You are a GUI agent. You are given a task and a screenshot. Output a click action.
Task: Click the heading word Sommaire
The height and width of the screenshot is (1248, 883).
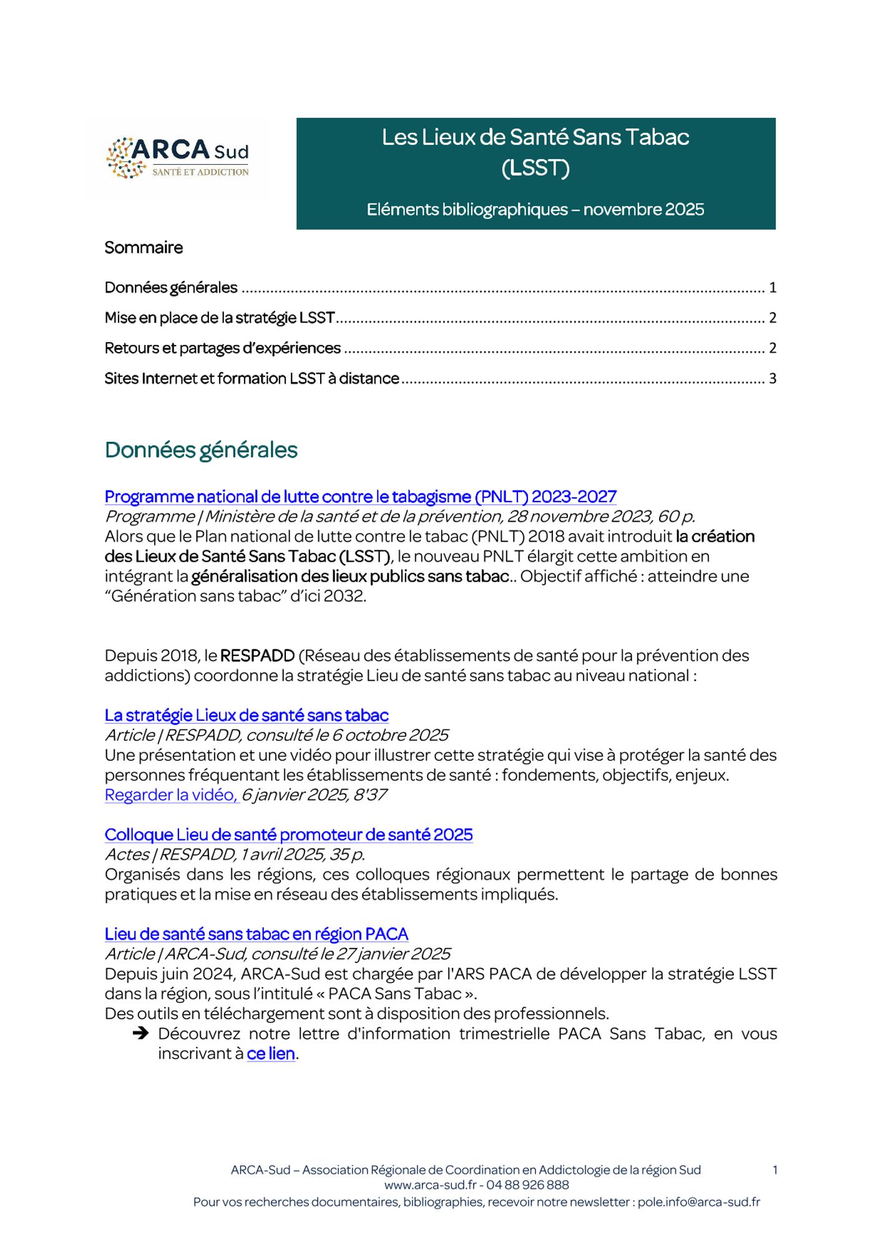coord(144,248)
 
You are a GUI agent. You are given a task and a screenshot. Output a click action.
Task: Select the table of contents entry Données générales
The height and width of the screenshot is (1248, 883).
coord(171,288)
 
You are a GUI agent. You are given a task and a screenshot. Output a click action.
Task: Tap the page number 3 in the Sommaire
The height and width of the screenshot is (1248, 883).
coord(773,379)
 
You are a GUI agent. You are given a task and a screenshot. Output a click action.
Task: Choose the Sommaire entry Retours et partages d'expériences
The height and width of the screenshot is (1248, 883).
coord(223,348)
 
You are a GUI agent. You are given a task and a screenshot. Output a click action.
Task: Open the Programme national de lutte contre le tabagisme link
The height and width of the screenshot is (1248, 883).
coord(360,497)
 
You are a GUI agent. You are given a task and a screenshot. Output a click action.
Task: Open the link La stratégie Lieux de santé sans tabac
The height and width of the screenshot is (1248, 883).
coord(246,715)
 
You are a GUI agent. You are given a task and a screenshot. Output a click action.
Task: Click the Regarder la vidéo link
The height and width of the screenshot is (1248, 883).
coord(172,795)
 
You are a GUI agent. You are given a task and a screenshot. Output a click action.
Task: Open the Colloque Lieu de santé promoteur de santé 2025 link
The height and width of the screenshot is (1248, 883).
coord(288,835)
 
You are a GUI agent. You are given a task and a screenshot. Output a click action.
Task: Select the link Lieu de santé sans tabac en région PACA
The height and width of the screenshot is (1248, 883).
coord(256,934)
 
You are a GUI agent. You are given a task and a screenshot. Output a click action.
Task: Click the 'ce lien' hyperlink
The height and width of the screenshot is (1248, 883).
coord(271,1054)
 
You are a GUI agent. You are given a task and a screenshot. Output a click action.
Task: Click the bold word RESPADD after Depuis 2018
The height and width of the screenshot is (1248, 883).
coord(257,656)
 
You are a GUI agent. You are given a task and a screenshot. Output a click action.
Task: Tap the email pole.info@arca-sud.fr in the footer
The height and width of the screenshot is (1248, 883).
coord(698,1202)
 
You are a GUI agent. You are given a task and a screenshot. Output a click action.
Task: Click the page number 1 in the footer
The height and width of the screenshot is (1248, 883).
coord(775,1170)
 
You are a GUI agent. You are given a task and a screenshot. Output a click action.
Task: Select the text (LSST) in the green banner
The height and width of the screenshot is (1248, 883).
coord(535,168)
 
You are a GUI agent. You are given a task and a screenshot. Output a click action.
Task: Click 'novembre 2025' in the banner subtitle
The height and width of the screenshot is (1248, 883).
coord(643,210)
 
